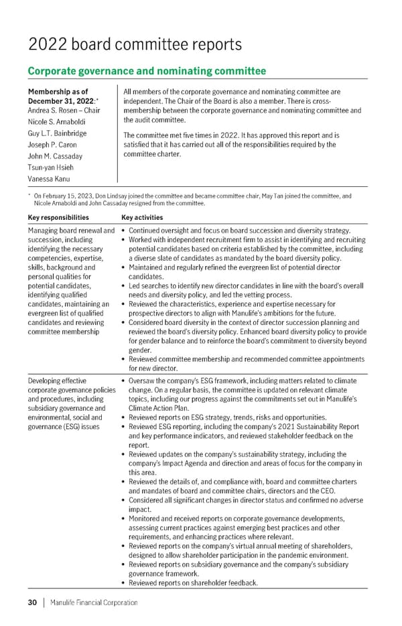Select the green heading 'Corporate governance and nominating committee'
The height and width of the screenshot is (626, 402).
(x=146, y=71)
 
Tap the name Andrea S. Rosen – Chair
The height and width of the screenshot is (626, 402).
(x=64, y=111)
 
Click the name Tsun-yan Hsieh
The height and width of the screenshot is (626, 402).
(x=51, y=168)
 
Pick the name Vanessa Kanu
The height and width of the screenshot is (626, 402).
(x=48, y=179)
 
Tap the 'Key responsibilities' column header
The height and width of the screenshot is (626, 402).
(x=58, y=217)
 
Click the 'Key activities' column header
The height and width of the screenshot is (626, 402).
(x=142, y=217)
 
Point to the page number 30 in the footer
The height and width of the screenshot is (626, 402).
(x=31, y=603)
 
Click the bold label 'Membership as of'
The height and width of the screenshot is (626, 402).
(x=58, y=91)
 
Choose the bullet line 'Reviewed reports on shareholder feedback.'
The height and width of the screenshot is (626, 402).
(x=193, y=583)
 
